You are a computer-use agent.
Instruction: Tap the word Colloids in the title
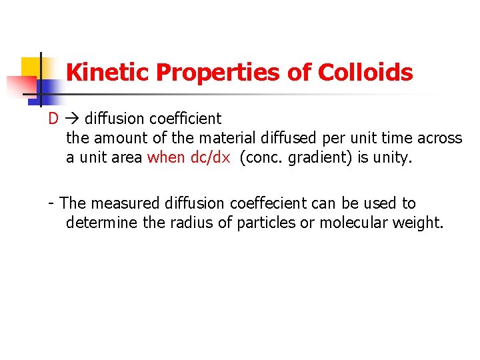[365, 73]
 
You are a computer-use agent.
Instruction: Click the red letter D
[53, 119]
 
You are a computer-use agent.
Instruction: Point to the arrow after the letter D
[73, 119]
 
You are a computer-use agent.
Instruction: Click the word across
[439, 138]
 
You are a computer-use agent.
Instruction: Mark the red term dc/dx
[210, 157]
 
